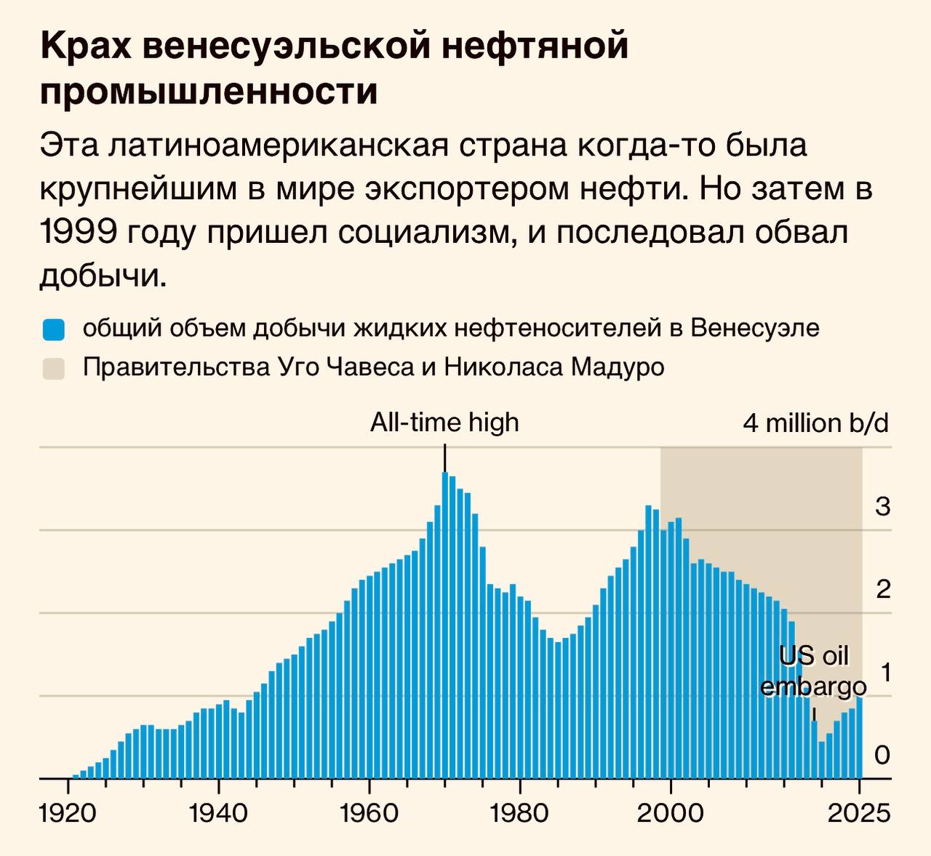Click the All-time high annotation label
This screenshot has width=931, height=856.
pos(444,423)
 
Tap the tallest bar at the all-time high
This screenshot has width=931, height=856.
pos(444,625)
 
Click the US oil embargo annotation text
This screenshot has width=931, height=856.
pos(813,671)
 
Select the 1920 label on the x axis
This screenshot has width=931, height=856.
pos(67,812)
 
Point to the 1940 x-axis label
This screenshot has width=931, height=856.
pos(217,812)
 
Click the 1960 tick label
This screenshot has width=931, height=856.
pos(369,812)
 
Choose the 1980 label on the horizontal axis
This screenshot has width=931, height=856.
pos(519,812)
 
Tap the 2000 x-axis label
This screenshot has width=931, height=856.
pos(670,812)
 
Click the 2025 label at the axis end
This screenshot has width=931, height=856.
pos(860,812)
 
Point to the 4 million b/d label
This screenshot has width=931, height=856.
pos(815,423)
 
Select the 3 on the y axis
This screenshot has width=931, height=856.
pos(882,507)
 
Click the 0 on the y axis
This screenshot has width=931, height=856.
pos(882,756)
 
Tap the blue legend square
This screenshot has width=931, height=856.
pos(54,329)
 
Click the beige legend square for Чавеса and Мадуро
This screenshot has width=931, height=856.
pos(54,368)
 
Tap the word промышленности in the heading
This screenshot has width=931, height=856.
pos(209,92)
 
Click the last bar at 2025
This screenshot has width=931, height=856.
pos(859,737)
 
